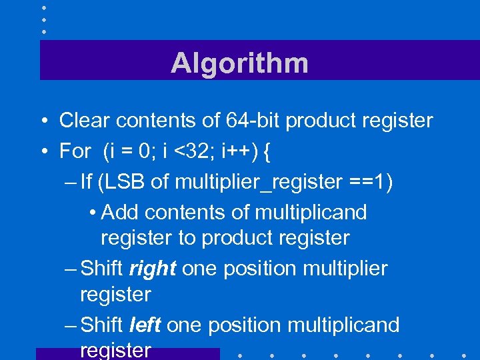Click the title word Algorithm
[x=239, y=63]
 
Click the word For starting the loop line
[x=75, y=151]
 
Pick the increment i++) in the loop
[x=237, y=151]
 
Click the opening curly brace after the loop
[x=267, y=151]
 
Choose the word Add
[x=120, y=212]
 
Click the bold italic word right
[x=153, y=269]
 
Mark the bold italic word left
[x=145, y=325]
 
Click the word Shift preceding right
[x=101, y=269]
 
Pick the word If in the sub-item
[x=87, y=181]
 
